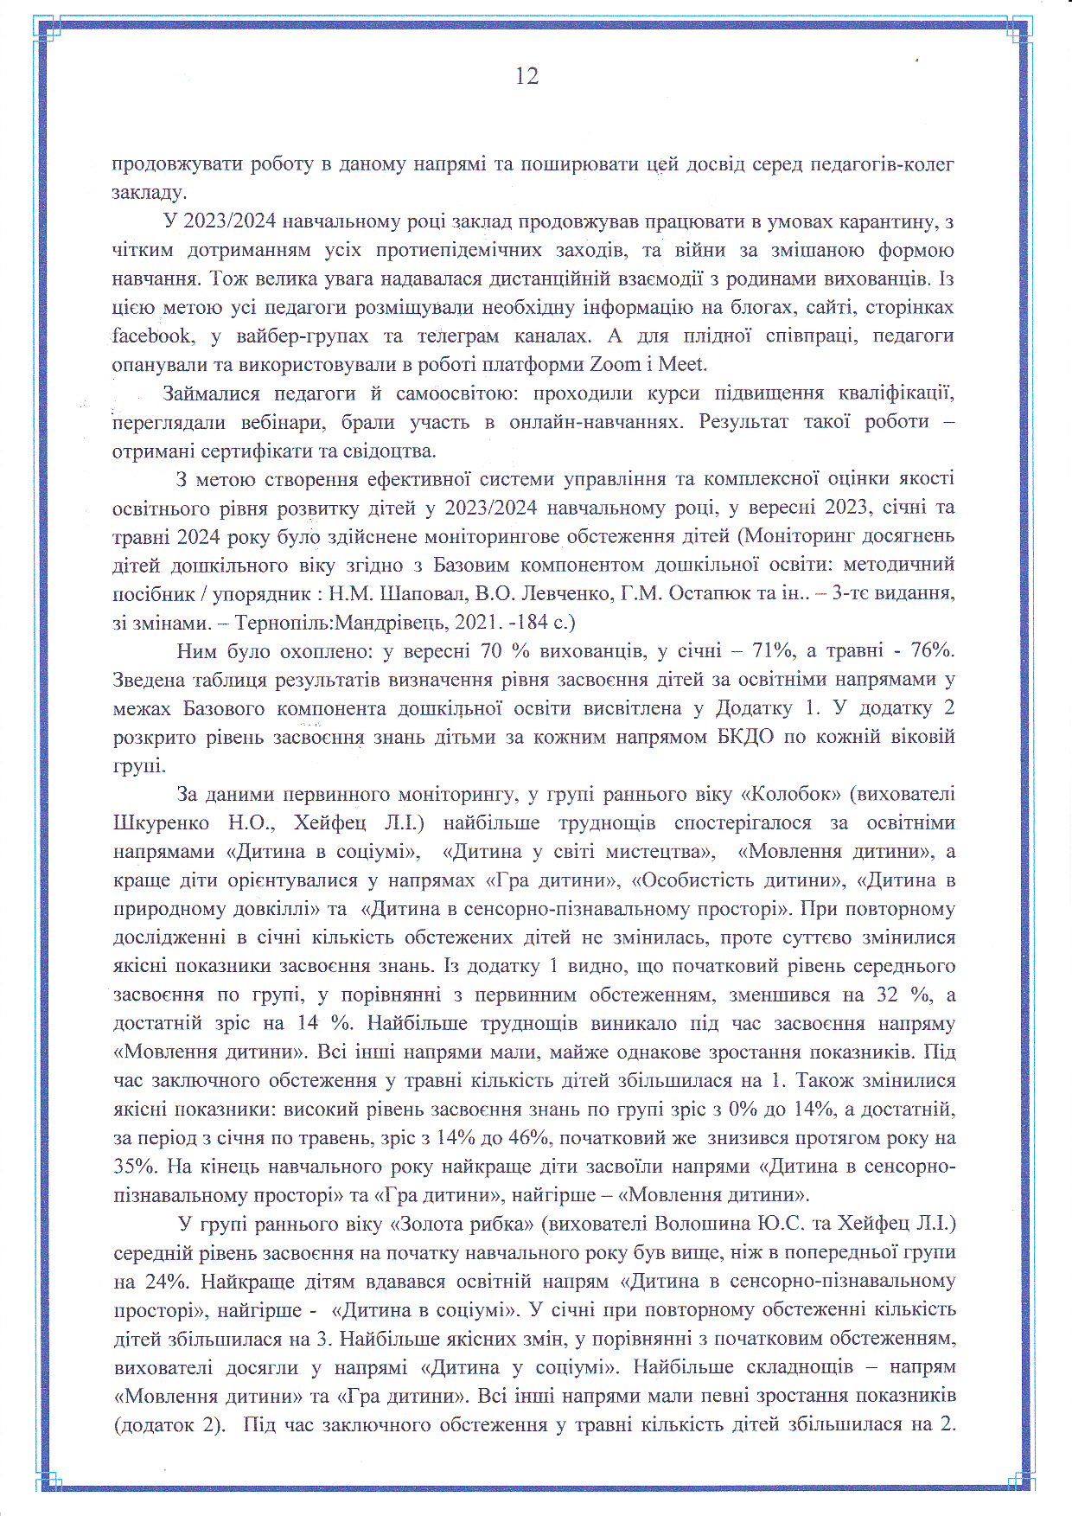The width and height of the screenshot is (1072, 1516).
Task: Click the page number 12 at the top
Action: click(526, 77)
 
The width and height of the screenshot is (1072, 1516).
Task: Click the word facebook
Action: click(152, 336)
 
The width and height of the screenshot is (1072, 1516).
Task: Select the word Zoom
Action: click(616, 364)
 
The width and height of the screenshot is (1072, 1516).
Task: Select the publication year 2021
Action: click(513, 623)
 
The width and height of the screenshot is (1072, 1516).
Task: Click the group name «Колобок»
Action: click(792, 794)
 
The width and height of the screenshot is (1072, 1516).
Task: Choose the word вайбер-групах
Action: click(302, 336)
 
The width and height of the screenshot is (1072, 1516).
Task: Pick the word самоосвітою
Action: click(455, 393)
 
